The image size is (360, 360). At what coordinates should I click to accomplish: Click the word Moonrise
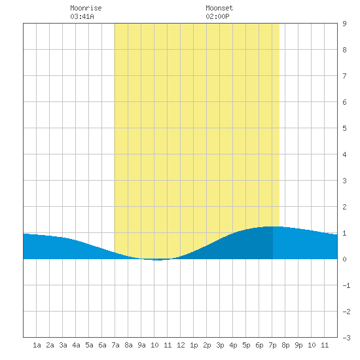(86, 8)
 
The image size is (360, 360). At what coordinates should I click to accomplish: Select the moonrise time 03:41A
(82, 16)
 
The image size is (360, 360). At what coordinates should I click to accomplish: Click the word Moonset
(219, 8)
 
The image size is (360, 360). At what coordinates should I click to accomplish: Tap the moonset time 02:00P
(217, 16)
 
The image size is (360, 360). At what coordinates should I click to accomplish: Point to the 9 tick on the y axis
(344, 24)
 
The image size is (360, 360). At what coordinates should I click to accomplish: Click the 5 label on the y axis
(344, 128)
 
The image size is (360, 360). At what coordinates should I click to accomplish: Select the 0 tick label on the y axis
(344, 259)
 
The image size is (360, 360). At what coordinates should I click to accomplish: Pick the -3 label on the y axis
(346, 338)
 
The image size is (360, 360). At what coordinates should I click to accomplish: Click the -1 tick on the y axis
(346, 285)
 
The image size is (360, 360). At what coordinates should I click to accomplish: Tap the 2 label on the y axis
(344, 207)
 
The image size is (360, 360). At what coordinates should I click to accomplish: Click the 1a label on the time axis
(37, 345)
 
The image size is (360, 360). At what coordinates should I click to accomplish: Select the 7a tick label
(115, 345)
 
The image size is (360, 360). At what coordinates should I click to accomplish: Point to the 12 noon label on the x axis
(181, 345)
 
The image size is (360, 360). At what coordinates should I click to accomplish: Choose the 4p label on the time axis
(233, 345)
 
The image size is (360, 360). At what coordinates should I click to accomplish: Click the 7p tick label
(272, 345)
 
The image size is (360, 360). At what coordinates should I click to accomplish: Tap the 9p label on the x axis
(298, 345)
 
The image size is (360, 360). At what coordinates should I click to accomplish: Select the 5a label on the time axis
(89, 345)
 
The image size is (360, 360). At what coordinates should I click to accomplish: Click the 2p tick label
(207, 345)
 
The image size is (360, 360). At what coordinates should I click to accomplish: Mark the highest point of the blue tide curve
(272, 226)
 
